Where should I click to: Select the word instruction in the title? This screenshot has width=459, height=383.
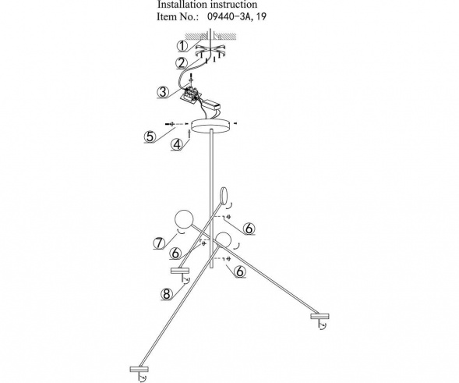[x=234, y=5]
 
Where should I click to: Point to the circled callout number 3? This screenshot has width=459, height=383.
[x=162, y=92]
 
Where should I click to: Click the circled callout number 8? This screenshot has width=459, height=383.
[x=166, y=295]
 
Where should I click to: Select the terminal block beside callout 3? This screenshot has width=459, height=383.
[x=189, y=96]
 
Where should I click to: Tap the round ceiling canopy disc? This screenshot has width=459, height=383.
[x=212, y=127]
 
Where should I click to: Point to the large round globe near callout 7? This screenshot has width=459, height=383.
[x=184, y=221]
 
